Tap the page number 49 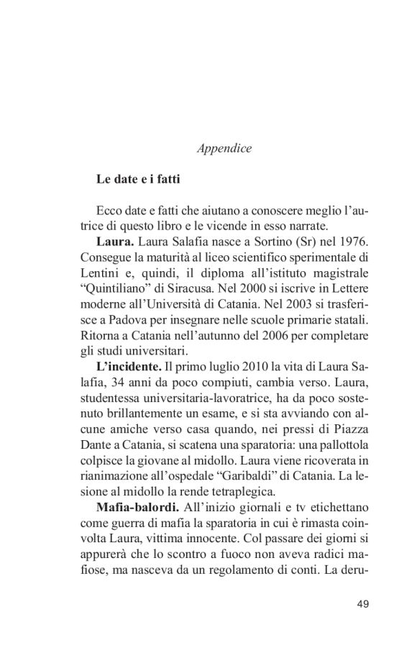click(x=362, y=603)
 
